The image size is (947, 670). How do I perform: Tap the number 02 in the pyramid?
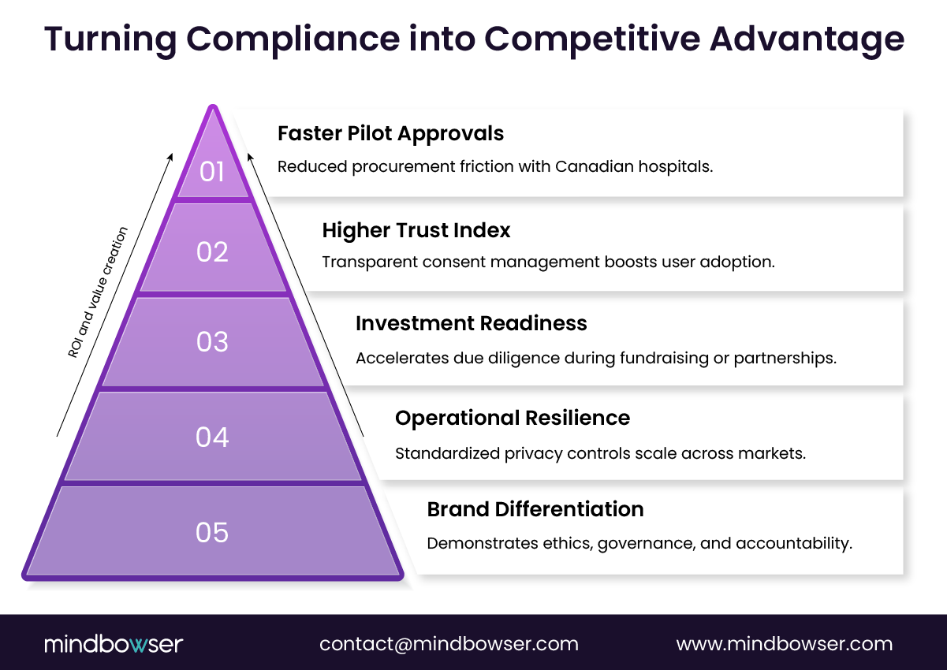(x=212, y=251)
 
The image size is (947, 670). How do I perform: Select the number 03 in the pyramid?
(x=212, y=342)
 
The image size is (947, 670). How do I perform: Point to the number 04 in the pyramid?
(x=212, y=437)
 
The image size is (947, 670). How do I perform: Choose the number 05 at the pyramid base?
(x=212, y=532)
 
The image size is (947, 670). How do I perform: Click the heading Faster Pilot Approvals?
(x=390, y=133)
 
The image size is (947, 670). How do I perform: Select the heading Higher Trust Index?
(x=416, y=230)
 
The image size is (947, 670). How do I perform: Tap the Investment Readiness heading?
(x=471, y=323)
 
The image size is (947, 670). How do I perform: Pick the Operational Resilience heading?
(x=512, y=418)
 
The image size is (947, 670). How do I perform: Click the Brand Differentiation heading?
(x=535, y=509)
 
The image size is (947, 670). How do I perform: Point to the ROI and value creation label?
(x=97, y=292)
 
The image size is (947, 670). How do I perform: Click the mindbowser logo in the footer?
(x=113, y=644)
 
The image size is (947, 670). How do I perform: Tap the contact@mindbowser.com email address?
(x=449, y=644)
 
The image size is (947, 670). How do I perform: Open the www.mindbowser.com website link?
(x=784, y=644)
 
